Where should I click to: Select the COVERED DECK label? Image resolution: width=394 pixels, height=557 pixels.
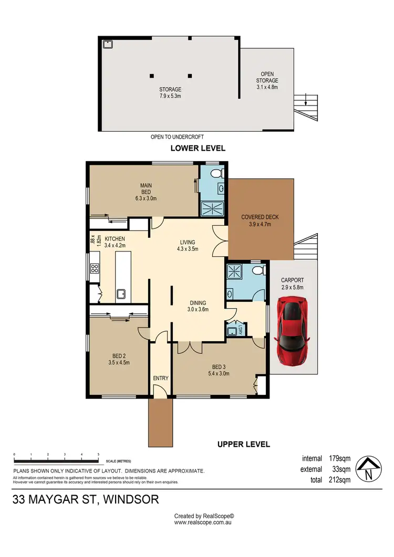click(x=260, y=217)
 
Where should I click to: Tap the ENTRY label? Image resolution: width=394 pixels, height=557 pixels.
click(x=160, y=378)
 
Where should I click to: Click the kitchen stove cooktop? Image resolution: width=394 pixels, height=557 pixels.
click(x=95, y=269)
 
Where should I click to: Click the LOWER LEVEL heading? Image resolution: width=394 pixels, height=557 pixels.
click(x=198, y=148)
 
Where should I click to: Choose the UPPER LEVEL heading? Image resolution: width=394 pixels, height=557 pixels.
click(x=243, y=444)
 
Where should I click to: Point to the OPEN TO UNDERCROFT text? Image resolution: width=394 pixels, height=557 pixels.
click(x=177, y=137)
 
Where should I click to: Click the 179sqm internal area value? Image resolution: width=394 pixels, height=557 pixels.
click(x=340, y=457)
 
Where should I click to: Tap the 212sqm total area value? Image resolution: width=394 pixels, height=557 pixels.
click(x=340, y=479)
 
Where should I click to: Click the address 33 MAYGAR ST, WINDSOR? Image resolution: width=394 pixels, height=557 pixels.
click(x=86, y=499)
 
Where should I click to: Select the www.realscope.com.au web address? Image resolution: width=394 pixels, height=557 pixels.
click(x=203, y=522)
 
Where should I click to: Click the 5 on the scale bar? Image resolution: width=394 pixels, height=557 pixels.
click(x=98, y=454)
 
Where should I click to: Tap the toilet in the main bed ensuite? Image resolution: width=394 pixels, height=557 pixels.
click(x=215, y=174)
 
